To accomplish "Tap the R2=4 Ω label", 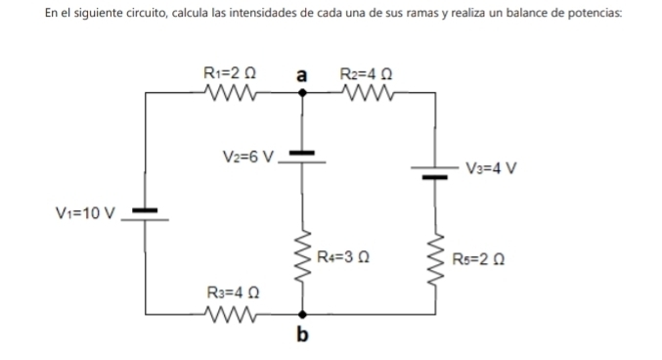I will coord(366,73).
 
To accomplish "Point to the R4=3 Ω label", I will coord(342,259).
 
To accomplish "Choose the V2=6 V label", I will coord(249,156).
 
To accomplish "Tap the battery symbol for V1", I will coord(146,214).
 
